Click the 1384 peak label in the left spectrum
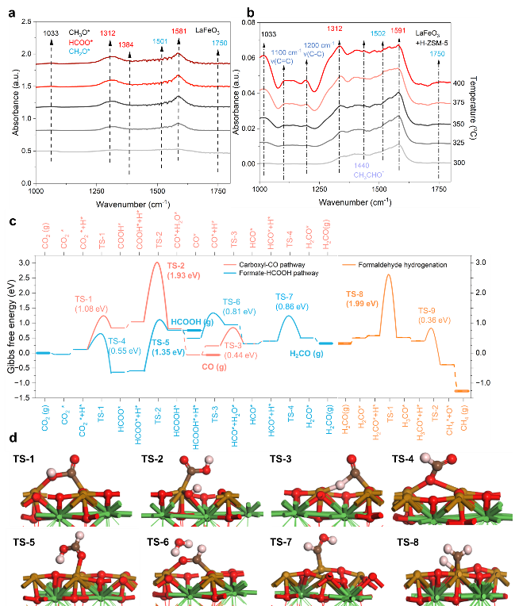[126, 44]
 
